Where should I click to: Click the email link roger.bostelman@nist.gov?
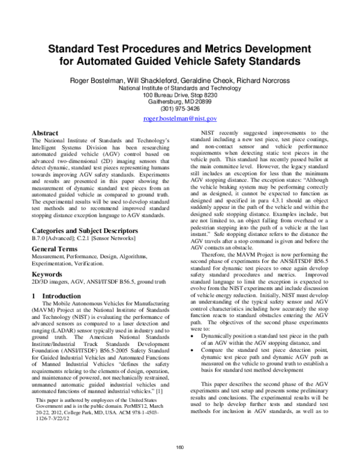[x=179, y=119]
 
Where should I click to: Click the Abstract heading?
[x=45, y=133]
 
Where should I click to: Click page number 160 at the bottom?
[x=179, y=446]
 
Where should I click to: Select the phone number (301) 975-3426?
[x=179, y=109]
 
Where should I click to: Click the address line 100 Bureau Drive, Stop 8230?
[x=179, y=95]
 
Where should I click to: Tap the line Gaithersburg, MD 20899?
[x=179, y=101]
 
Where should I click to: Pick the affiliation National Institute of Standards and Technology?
[x=179, y=88]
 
